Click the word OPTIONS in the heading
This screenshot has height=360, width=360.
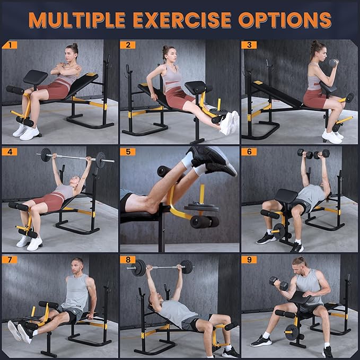(285, 20)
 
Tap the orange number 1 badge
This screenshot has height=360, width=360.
(10, 45)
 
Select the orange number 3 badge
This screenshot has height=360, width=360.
(249, 45)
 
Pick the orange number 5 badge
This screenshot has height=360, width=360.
(128, 152)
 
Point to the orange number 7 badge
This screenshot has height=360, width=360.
(10, 259)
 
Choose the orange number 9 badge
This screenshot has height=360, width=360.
(249, 259)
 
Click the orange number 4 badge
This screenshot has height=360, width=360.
(10, 152)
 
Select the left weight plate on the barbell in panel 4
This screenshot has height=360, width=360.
(46, 155)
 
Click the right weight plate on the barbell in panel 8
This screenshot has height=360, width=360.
(187, 267)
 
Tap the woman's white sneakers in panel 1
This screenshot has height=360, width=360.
(25, 131)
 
